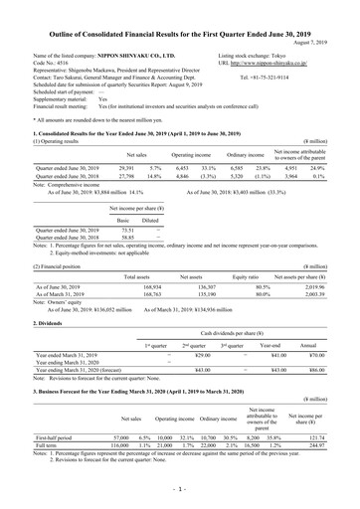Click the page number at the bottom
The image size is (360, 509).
click(180, 489)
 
